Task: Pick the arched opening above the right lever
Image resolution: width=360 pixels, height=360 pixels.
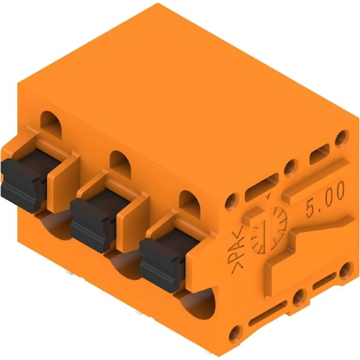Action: (x=189, y=202)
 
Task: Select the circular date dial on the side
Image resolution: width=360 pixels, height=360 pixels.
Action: (x=270, y=227)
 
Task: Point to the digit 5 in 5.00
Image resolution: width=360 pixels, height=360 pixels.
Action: (x=309, y=214)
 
